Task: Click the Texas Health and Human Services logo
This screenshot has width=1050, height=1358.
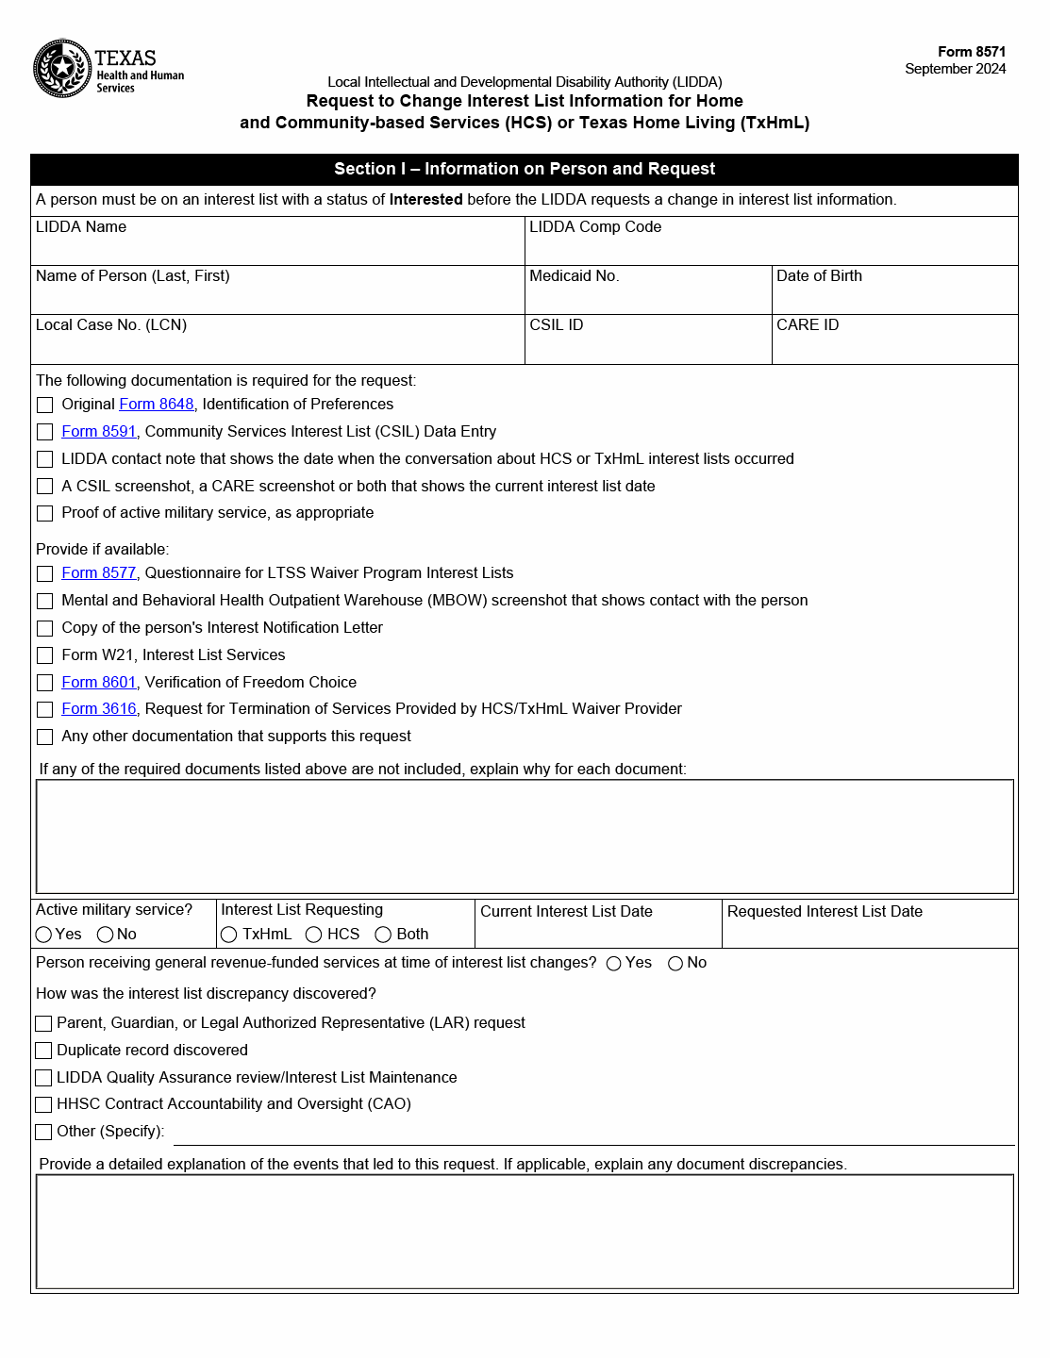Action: (108, 68)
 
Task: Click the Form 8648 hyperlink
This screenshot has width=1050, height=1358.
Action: (156, 405)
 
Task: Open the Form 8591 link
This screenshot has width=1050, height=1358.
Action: (99, 432)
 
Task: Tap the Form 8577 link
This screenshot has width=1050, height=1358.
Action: (99, 573)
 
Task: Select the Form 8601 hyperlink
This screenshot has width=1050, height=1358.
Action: (99, 683)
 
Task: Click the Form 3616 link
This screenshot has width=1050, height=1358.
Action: (99, 709)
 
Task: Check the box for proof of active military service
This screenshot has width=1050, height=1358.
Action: (44, 514)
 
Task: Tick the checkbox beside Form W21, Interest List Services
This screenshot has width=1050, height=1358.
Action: (44, 655)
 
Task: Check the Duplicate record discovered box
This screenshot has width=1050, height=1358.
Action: (43, 1051)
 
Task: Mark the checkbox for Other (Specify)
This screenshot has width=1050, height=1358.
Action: (43, 1132)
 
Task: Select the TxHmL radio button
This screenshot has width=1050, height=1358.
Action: (228, 935)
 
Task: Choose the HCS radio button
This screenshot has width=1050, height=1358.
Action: (314, 935)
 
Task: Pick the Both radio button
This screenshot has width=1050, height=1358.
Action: (383, 935)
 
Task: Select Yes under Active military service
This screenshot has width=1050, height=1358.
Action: (43, 935)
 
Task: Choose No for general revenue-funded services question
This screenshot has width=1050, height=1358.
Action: (675, 964)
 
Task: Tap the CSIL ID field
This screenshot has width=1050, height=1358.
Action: (648, 347)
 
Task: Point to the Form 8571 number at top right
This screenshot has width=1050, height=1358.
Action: (971, 52)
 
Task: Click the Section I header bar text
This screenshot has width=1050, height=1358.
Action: (525, 170)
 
